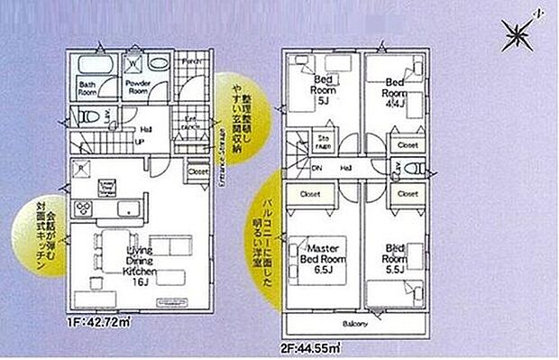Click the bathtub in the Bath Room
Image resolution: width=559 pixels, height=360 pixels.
point(90,66)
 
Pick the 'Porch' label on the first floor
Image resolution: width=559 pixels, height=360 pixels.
point(191,60)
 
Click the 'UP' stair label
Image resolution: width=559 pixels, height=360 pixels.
point(140,141)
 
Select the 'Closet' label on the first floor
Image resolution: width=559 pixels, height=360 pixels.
point(198,170)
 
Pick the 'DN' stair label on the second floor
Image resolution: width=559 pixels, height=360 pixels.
point(317,167)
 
